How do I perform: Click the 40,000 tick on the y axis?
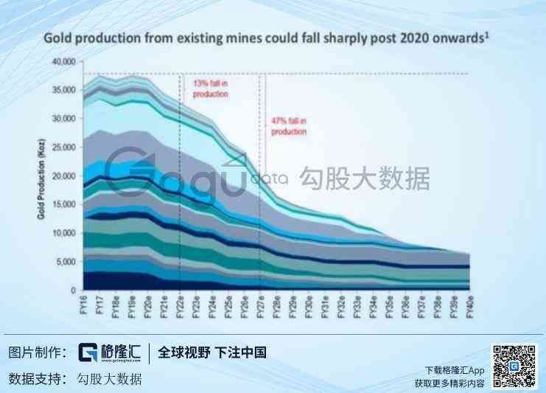pos(64,61)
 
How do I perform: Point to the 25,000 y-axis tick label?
pos(64,147)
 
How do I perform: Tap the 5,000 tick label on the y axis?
pos(66,262)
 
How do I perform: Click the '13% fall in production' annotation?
pos(210,89)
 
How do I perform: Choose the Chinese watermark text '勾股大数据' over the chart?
pos(363,178)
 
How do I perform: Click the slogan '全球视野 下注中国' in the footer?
pos(213,352)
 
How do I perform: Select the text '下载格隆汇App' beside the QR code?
pos(455,369)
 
